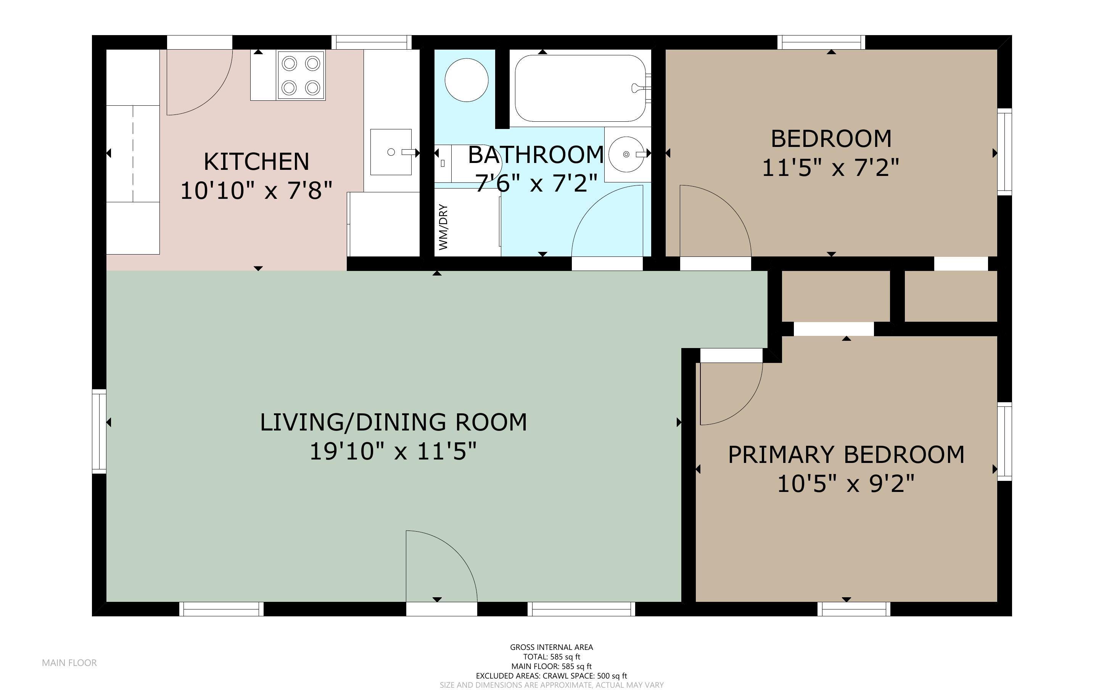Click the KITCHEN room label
(256, 161)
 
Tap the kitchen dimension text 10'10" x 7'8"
(256, 191)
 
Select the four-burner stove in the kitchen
(301, 75)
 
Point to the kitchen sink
(391, 152)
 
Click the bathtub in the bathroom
(581, 88)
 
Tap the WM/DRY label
(443, 227)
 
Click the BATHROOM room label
(536, 155)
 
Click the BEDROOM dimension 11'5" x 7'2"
(830, 168)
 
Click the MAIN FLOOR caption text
(69, 663)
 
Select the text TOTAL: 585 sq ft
(551, 657)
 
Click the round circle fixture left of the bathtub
(467, 80)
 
